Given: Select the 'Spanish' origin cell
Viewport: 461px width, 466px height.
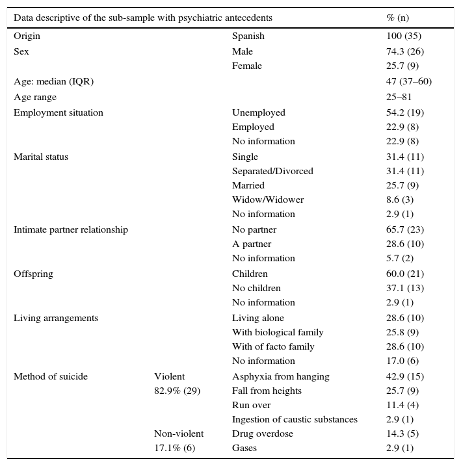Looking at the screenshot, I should pyautogui.click(x=248, y=36).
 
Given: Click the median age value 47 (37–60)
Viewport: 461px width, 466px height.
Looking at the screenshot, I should pyautogui.click(x=409, y=81).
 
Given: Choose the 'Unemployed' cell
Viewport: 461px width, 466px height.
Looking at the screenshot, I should pyautogui.click(x=258, y=112).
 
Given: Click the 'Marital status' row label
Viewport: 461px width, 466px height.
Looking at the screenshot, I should pyautogui.click(x=41, y=157).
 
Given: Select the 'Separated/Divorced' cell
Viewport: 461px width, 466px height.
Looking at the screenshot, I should pyautogui.click(x=272, y=171).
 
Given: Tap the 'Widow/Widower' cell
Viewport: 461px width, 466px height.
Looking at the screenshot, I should pyautogui.click(x=268, y=200).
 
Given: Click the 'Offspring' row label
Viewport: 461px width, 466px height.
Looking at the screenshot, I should pyautogui.click(x=33, y=274).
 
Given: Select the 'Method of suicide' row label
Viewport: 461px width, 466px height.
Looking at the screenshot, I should pyautogui.click(x=51, y=376).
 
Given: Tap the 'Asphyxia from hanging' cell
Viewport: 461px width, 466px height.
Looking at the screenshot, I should pyautogui.click(x=280, y=376).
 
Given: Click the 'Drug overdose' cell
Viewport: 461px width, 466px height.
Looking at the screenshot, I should pyautogui.click(x=263, y=434).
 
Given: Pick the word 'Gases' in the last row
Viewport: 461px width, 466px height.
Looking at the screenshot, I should pyautogui.click(x=244, y=448).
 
